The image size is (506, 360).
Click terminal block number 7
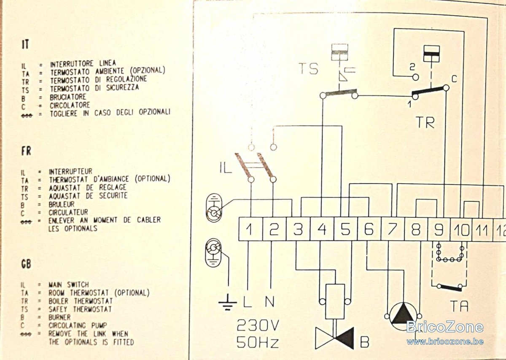(x=393, y=229)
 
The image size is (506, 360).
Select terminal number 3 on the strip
(x=298, y=229)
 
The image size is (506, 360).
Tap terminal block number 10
(x=461, y=229)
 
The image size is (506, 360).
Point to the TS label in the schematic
(x=309, y=68)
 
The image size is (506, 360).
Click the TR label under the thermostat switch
(x=425, y=122)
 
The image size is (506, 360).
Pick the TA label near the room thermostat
(x=460, y=306)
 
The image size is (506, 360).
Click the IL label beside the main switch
(x=226, y=168)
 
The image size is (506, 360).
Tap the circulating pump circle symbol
(x=403, y=317)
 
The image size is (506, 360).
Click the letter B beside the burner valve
(x=365, y=342)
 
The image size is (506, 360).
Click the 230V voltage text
(x=258, y=326)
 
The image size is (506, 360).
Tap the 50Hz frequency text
(x=258, y=342)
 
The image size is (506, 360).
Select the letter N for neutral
(x=270, y=301)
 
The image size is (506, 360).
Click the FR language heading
(x=26, y=151)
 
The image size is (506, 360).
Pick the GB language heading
(x=26, y=264)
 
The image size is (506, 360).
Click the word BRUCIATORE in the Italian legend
(x=68, y=97)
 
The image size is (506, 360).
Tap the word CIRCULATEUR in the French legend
(x=68, y=212)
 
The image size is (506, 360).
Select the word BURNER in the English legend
(x=59, y=317)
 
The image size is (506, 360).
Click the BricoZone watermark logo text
(x=445, y=327)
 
